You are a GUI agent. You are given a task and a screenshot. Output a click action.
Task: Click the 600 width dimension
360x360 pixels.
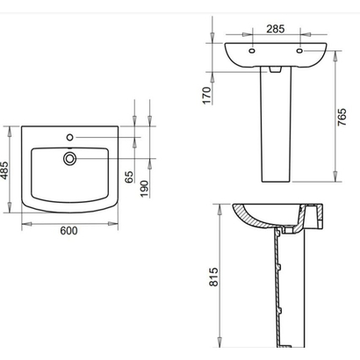coord(69,232)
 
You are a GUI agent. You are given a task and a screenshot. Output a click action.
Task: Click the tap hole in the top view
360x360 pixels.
coord(69,137)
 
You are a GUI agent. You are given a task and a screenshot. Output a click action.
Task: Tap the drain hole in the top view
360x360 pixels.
coord(69,158)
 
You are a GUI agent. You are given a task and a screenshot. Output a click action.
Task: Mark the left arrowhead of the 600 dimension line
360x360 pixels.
coord(22,222)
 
